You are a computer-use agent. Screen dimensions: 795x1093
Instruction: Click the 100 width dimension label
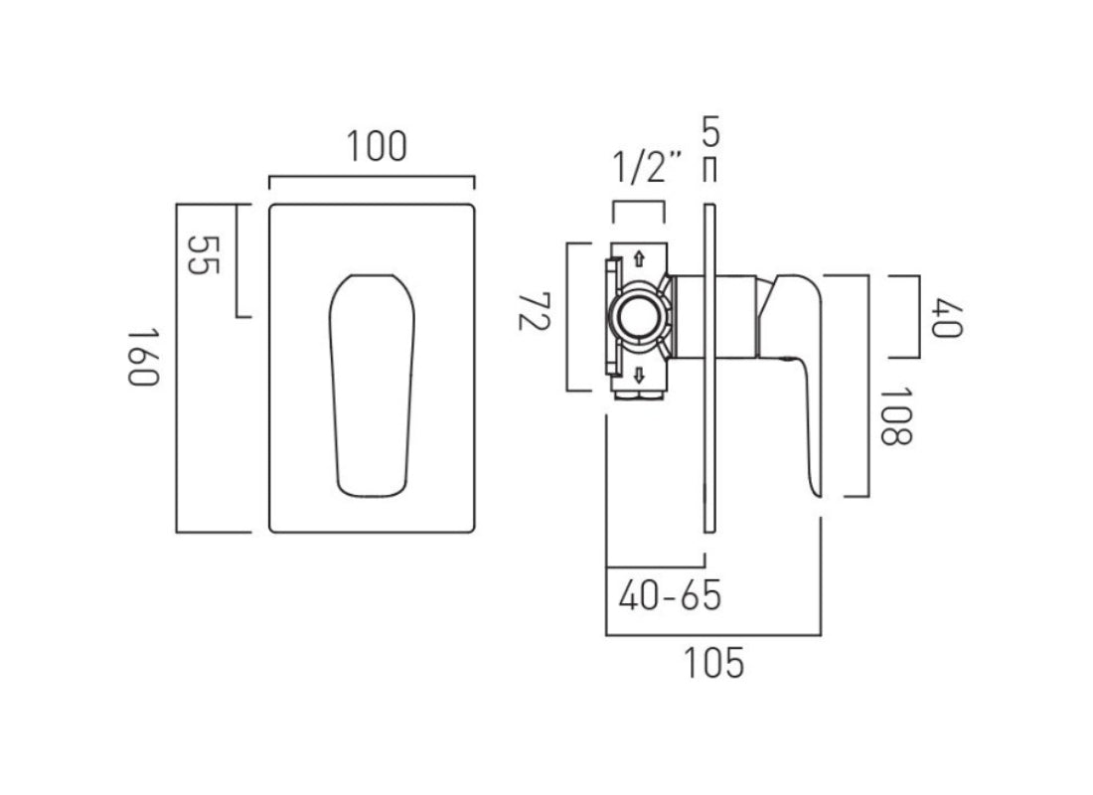click(377, 147)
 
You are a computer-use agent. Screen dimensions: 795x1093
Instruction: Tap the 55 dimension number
click(203, 256)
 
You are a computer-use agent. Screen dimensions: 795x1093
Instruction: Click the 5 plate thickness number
click(709, 130)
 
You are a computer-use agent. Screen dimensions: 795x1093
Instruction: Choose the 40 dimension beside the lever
click(946, 315)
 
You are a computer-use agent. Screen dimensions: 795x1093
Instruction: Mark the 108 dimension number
click(894, 415)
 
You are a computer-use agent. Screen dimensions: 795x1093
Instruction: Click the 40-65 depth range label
click(669, 596)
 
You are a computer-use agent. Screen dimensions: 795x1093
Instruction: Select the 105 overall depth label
click(714, 663)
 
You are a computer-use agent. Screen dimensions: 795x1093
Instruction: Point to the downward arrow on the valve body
click(639, 375)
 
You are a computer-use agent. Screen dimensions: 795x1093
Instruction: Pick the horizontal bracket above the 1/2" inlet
click(638, 203)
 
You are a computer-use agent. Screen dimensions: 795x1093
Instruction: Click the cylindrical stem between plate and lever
click(735, 316)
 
